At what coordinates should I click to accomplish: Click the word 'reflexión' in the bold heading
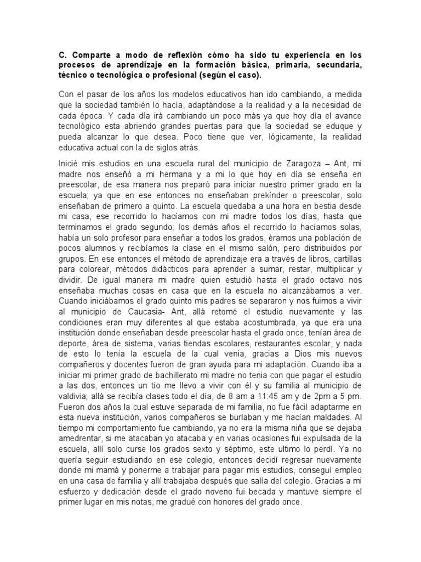point(173,57)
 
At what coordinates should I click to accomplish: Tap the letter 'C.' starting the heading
point(62,57)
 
